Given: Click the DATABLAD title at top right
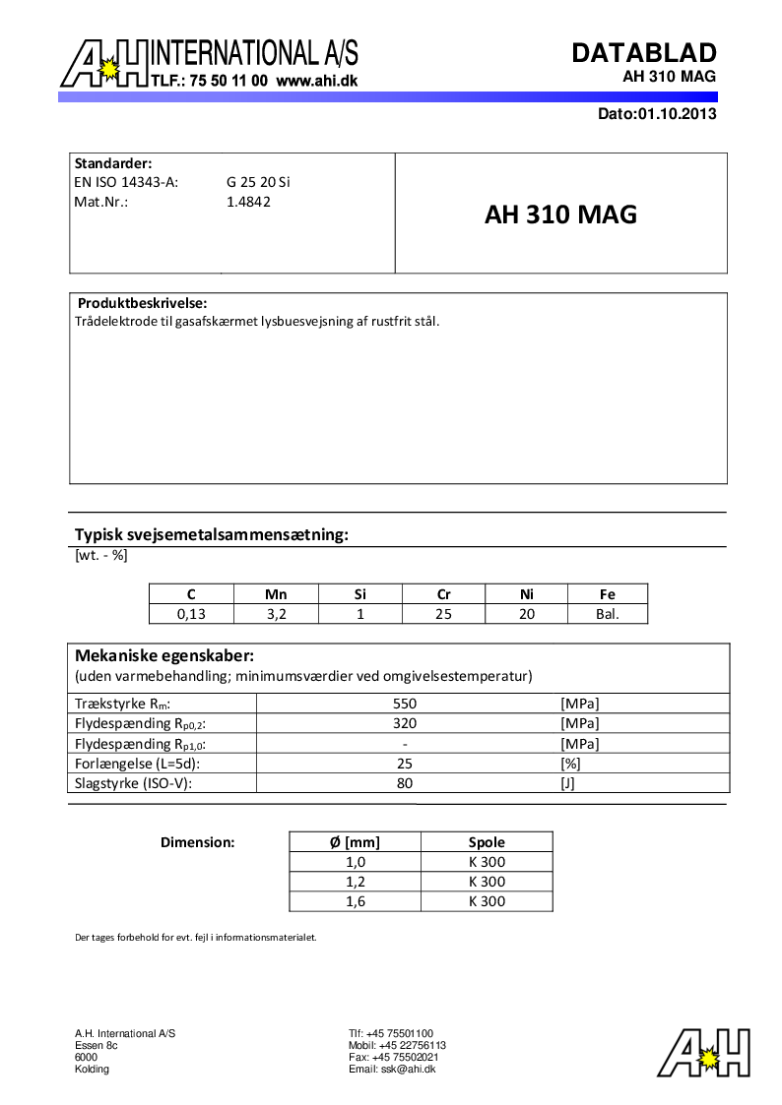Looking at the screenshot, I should [644, 53].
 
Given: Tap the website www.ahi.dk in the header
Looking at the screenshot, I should [316, 82].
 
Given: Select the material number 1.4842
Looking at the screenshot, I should [248, 202].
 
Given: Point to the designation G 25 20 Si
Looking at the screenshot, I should [258, 182].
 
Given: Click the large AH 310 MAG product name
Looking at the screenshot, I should [560, 215].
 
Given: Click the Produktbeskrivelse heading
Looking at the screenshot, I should [142, 303].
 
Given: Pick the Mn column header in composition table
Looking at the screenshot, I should [276, 593].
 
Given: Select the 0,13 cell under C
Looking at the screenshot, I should [191, 614].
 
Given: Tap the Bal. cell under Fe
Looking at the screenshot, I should [608, 614].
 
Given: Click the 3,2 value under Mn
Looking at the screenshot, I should [276, 614].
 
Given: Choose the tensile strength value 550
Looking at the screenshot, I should [405, 704].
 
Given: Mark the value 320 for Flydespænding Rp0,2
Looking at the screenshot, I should [405, 723].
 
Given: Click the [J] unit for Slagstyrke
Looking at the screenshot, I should [566, 783].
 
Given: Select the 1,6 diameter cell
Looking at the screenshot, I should [355, 901].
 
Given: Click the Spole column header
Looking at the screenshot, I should [487, 841].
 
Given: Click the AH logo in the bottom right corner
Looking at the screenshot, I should [703, 1053].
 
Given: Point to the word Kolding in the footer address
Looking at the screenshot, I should [93, 1069].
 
